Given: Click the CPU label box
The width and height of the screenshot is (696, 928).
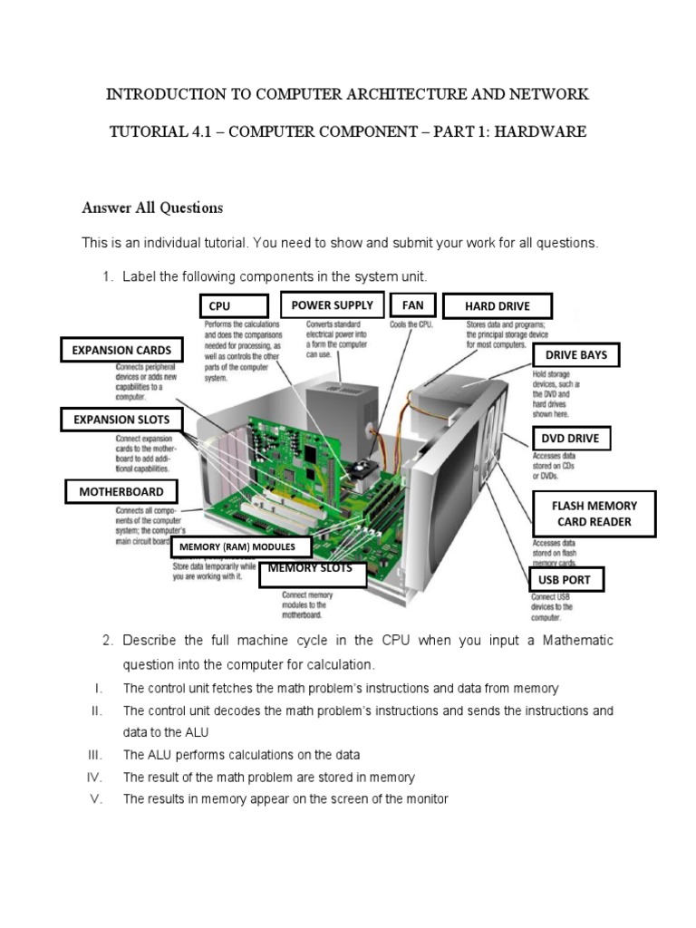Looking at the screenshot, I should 234,306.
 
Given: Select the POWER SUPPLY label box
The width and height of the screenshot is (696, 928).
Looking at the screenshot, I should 332,305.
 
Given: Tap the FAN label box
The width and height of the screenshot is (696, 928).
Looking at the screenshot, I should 412,305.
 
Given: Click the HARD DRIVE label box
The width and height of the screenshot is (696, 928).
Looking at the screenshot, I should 498,306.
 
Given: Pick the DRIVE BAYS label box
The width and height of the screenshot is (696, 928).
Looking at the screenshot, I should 575,355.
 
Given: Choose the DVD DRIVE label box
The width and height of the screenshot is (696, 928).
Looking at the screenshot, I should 570,439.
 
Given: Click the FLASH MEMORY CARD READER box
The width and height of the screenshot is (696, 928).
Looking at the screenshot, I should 594,514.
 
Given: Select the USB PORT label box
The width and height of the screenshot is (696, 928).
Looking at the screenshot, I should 565,579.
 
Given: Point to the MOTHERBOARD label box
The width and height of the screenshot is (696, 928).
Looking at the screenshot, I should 121,491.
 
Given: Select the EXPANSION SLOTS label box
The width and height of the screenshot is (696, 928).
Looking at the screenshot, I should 121,420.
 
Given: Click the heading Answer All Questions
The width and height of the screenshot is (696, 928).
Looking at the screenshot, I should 152,208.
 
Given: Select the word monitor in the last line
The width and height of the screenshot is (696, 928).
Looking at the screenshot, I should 427,799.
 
